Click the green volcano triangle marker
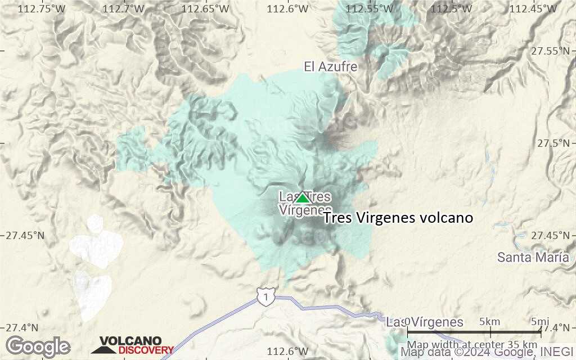coord(303,198)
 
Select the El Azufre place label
coord(331,67)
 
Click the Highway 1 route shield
coord(266,295)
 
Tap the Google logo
coord(38,346)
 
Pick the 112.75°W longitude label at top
coord(40,8)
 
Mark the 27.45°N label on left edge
coord(25,235)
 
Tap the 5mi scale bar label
coord(541,322)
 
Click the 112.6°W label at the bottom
coord(288,352)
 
